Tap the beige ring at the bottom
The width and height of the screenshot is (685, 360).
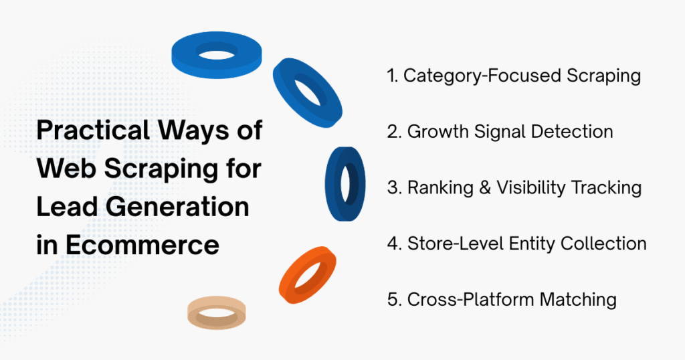click(x=216, y=311)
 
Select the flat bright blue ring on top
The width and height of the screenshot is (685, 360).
click(x=216, y=54)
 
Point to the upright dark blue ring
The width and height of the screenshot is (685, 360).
click(x=345, y=183)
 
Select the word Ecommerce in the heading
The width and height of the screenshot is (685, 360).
click(x=144, y=246)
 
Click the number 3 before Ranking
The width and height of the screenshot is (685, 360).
click(x=393, y=188)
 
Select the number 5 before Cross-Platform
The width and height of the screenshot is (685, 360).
click(x=393, y=299)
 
